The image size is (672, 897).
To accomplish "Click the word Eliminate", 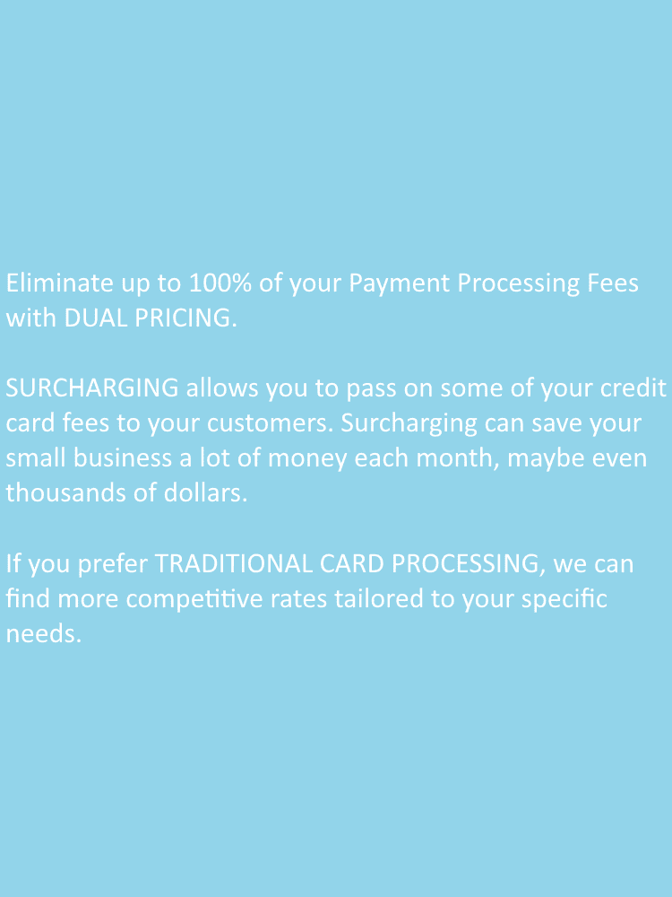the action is click(x=59, y=283).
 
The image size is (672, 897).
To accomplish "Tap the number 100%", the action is click(x=220, y=283).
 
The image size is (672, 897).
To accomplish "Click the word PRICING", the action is click(x=185, y=318).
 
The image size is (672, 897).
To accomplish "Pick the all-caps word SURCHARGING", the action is click(x=92, y=388).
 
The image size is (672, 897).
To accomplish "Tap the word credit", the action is click(x=633, y=388).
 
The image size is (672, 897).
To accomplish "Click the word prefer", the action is click(x=113, y=564).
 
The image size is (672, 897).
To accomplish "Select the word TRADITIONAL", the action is click(x=234, y=563).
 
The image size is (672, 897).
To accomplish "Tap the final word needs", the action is click(x=44, y=634).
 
